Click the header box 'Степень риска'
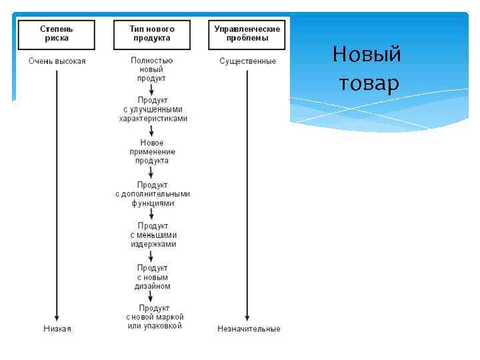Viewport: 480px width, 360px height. (x=57, y=33)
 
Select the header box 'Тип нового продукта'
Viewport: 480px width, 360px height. (x=153, y=33)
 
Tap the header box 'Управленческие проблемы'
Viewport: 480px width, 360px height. (x=247, y=33)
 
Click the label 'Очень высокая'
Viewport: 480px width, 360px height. (x=57, y=61)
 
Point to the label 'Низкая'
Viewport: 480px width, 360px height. (x=57, y=329)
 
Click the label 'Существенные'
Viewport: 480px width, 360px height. (x=247, y=61)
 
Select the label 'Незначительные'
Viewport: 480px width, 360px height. (x=249, y=329)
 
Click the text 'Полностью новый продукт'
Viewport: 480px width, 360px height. (x=153, y=69)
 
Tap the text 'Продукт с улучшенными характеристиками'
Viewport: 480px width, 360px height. (x=153, y=109)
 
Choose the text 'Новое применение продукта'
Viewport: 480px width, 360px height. (x=153, y=151)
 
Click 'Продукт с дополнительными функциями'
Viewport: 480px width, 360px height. (x=153, y=193)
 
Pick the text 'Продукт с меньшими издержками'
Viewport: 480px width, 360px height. (x=153, y=235)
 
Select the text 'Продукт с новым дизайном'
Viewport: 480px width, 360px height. (x=153, y=277)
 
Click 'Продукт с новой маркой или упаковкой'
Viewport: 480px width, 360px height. (x=154, y=317)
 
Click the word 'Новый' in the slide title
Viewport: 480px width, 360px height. (x=367, y=54)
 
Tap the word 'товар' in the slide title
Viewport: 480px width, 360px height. (x=369, y=83)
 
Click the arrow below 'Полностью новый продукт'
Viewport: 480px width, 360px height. (x=153, y=89)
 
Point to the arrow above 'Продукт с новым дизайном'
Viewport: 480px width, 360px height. (x=153, y=255)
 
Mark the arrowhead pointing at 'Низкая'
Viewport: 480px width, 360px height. (x=57, y=318)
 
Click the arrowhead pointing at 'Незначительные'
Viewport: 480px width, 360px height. (x=247, y=318)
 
